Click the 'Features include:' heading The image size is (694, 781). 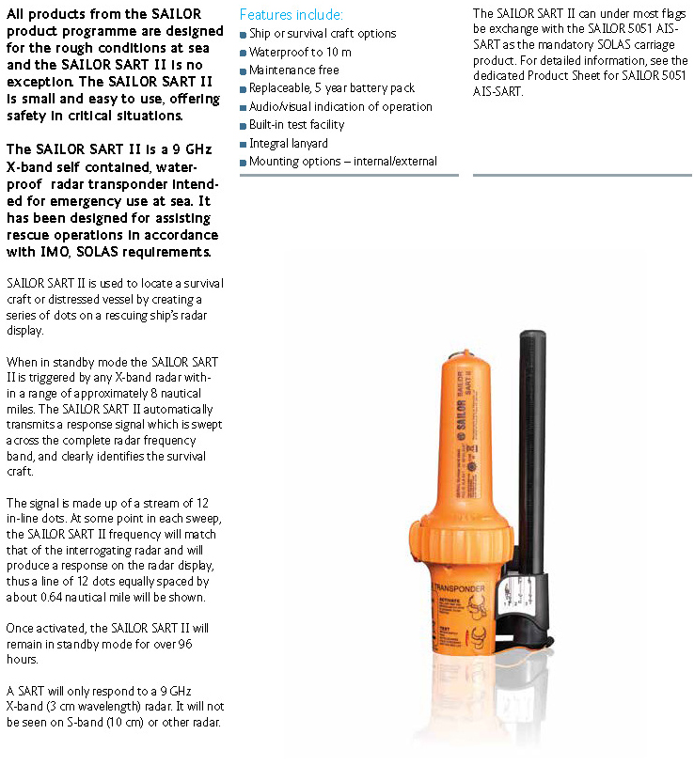click(291, 15)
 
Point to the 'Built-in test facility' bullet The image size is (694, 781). click(296, 125)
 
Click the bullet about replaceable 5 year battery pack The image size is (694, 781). click(331, 88)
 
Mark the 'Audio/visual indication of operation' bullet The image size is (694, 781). click(340, 107)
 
